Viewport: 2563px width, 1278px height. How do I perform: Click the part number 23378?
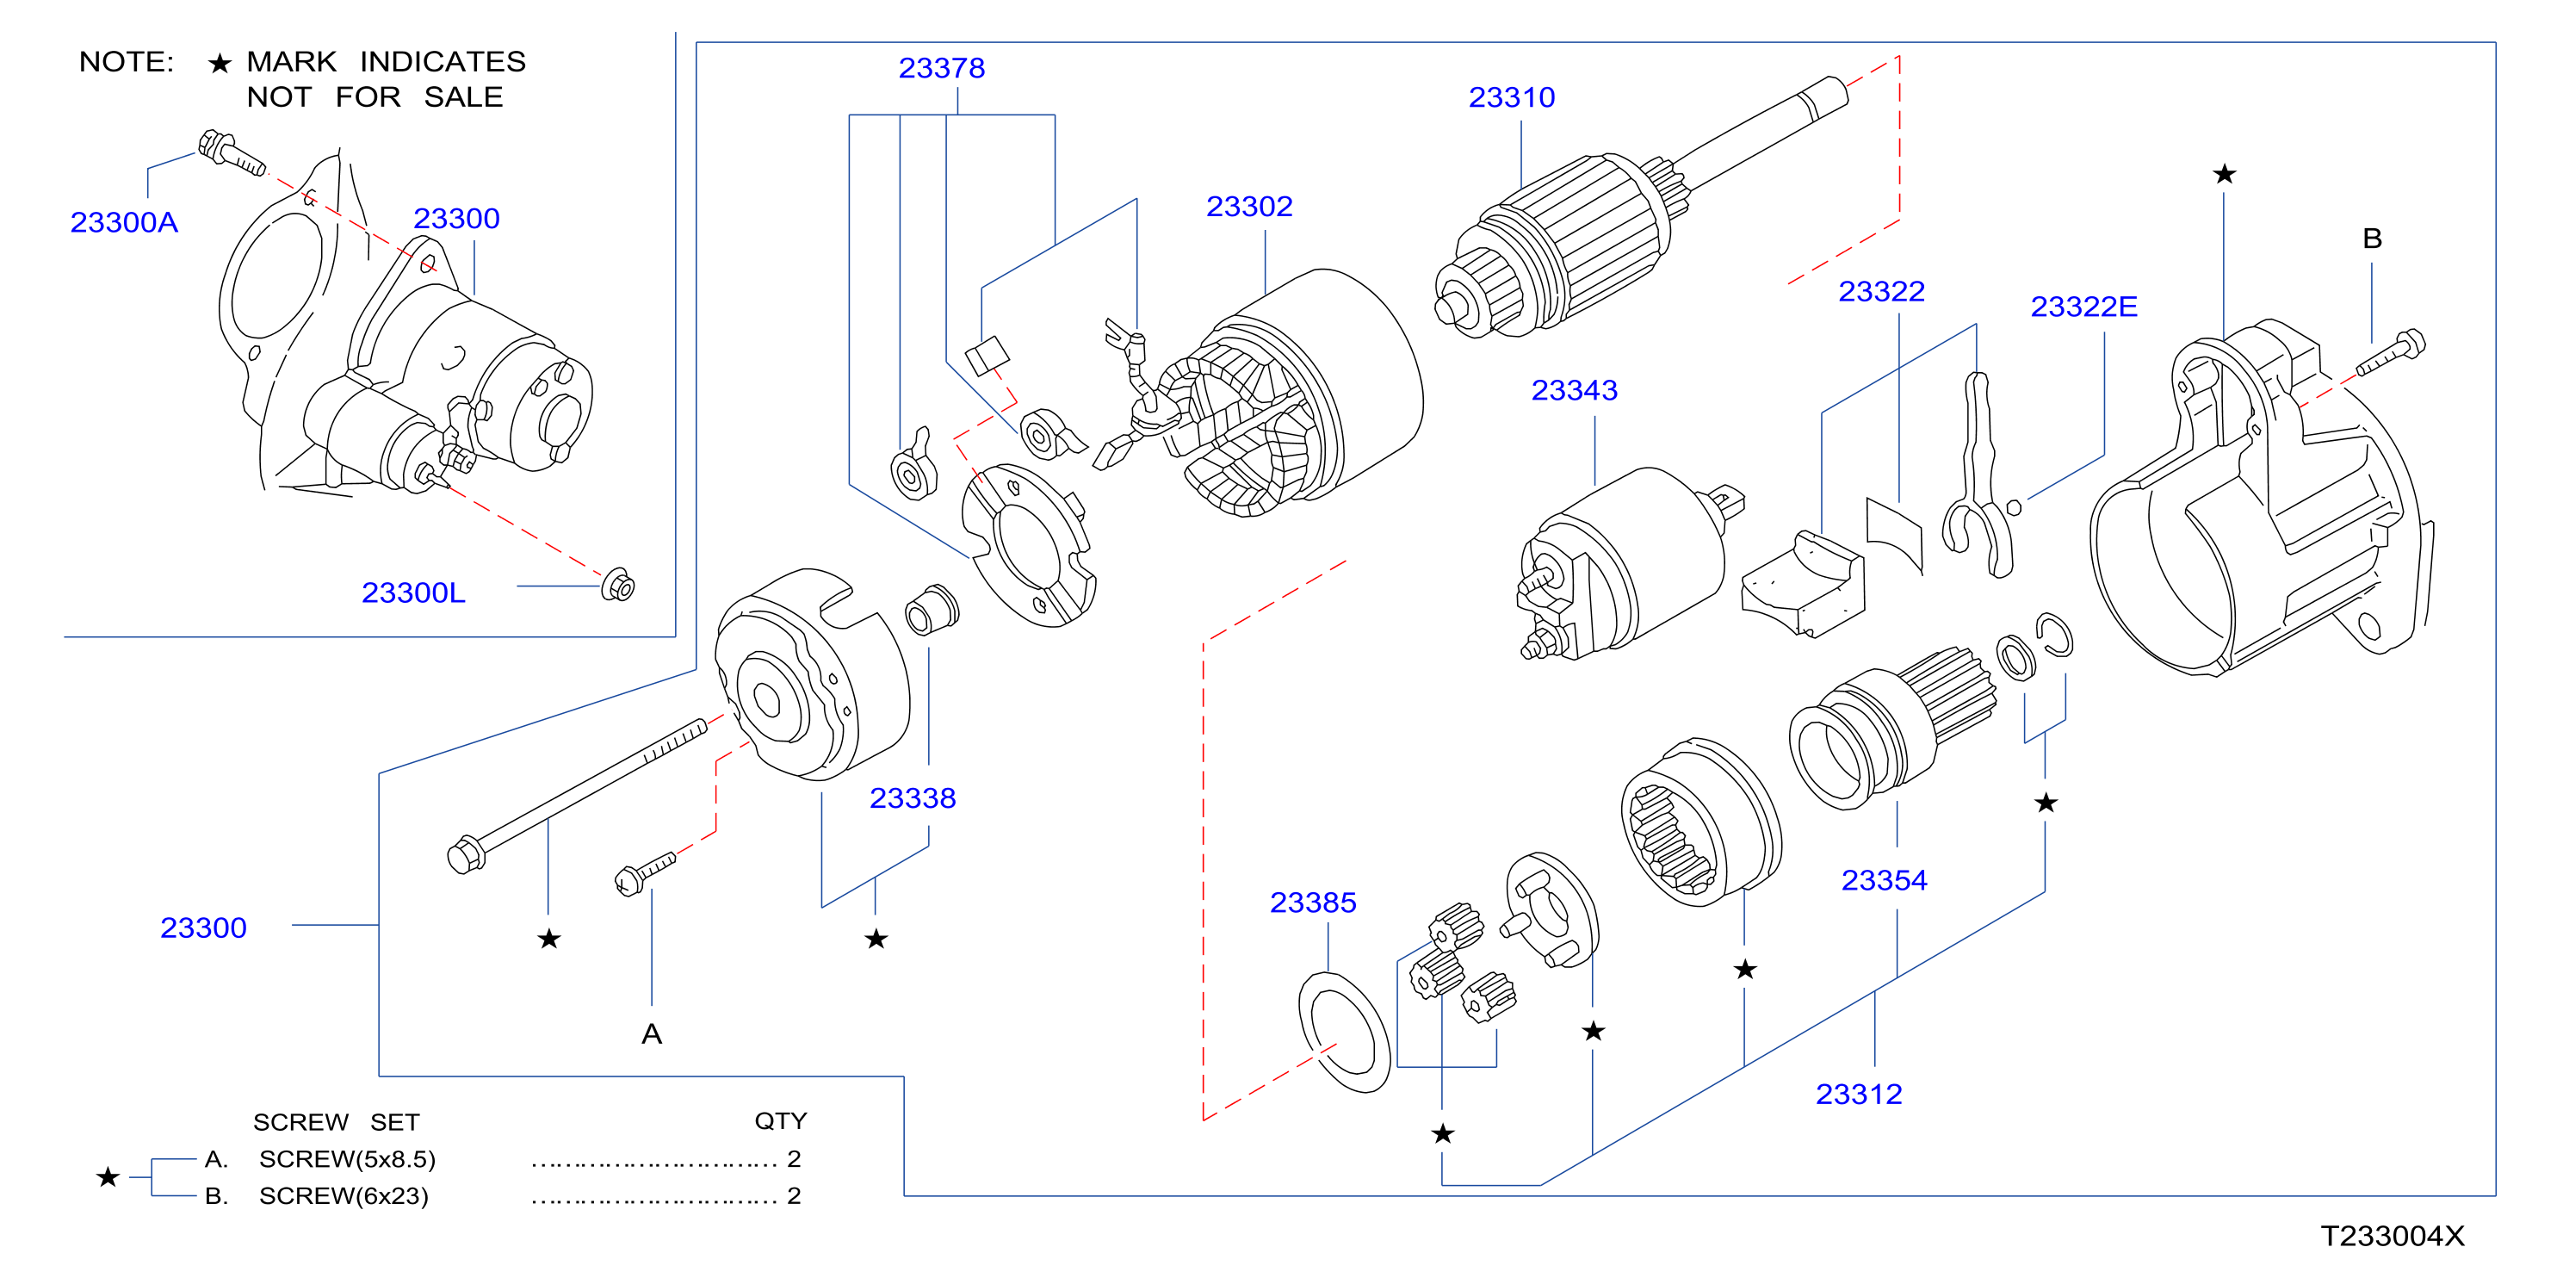pyautogui.click(x=941, y=68)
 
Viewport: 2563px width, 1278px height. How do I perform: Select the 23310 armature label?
pyautogui.click(x=1511, y=97)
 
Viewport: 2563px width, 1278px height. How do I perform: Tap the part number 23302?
pyautogui.click(x=1248, y=206)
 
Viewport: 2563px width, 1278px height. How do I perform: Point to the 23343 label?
pyautogui.click(x=1574, y=390)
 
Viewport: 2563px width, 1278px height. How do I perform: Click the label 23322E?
pyautogui.click(x=2083, y=307)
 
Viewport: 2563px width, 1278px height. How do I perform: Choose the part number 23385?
pyautogui.click(x=1312, y=903)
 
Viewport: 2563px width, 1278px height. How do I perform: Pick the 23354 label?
pyautogui.click(x=1884, y=881)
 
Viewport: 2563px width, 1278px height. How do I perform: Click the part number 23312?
pyautogui.click(x=1859, y=1095)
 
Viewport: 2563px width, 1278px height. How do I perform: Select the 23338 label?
pyautogui.click(x=913, y=798)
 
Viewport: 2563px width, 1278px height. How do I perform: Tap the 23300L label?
pyautogui.click(x=413, y=593)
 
